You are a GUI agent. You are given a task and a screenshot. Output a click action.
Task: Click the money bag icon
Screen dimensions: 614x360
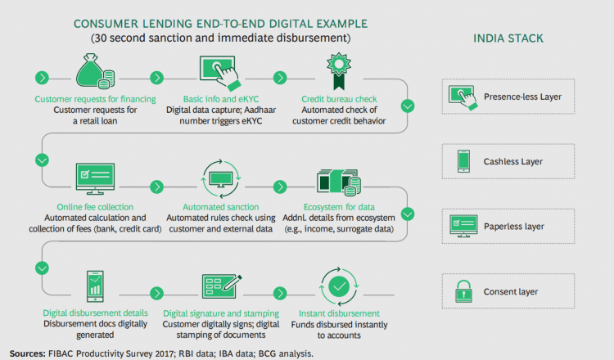pyautogui.click(x=95, y=71)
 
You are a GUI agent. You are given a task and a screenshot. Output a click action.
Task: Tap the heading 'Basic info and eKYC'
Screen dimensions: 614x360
pyautogui.click(x=221, y=99)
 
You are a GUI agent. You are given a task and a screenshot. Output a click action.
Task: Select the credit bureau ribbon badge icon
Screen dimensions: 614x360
pyautogui.click(x=339, y=71)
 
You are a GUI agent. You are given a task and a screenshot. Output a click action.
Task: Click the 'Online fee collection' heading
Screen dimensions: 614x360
pyautogui.click(x=95, y=207)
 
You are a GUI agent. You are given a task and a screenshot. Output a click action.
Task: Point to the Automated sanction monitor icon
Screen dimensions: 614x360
pyautogui.click(x=221, y=179)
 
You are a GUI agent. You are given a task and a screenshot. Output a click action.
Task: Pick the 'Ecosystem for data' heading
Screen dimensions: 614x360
pyautogui.click(x=339, y=207)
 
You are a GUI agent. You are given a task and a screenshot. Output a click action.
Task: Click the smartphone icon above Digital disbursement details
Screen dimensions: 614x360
pyautogui.click(x=95, y=286)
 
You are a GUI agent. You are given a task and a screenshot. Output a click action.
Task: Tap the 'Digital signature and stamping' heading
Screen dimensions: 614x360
pyautogui.click(x=221, y=313)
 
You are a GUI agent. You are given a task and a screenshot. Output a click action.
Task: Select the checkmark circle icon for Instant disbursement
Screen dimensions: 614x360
pyautogui.click(x=339, y=287)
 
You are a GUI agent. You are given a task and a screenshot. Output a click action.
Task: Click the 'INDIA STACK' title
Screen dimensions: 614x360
pyautogui.click(x=508, y=38)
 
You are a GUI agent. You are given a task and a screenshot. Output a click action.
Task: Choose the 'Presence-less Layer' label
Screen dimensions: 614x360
pyautogui.click(x=523, y=97)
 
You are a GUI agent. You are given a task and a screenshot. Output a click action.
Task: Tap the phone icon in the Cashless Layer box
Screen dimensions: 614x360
pyautogui.click(x=463, y=161)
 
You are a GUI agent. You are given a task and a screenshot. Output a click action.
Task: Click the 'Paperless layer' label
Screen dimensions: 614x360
pyautogui.click(x=514, y=227)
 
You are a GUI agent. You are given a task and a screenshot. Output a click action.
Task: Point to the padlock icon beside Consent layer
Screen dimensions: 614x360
pyautogui.click(x=463, y=291)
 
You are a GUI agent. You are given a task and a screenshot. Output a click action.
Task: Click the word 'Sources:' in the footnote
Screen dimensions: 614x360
pyautogui.click(x=27, y=353)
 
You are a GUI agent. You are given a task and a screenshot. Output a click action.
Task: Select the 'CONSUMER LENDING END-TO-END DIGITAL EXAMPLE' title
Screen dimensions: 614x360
pyautogui.click(x=220, y=24)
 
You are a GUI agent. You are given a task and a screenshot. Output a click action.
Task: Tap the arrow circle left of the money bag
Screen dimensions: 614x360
pyautogui.click(x=42, y=78)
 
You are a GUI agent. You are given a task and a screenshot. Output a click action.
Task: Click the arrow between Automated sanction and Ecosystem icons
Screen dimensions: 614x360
pyautogui.click(x=280, y=187)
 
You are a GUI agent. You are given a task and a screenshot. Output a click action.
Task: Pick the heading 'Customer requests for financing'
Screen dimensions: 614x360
pyautogui.click(x=95, y=99)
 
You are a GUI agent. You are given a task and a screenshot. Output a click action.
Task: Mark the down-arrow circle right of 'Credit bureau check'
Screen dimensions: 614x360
pyautogui.click(x=408, y=106)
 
